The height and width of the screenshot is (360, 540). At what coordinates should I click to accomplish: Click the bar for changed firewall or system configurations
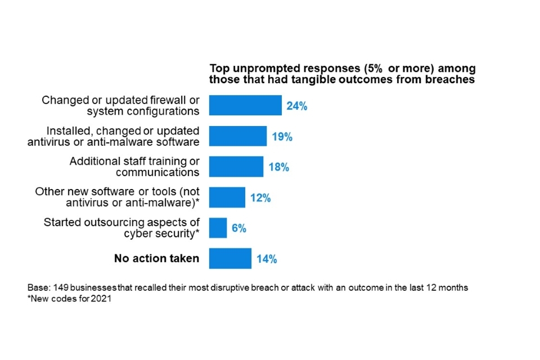coord(245,105)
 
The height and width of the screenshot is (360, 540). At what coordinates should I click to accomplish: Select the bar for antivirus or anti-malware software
coord(238,136)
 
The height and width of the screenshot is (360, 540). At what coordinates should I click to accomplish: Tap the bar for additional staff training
coord(236,166)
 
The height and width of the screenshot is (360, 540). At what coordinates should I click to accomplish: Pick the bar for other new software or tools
coord(227,197)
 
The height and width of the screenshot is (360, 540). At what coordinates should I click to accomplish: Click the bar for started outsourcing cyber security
coord(218,228)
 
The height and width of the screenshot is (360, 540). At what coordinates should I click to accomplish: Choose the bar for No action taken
coord(230,259)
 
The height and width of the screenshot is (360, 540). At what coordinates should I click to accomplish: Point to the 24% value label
coord(296,106)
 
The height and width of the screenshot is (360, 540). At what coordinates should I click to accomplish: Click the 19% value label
coord(282,137)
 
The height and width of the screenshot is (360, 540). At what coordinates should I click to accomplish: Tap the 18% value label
coord(278,167)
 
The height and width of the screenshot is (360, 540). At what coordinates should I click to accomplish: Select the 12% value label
coord(260,198)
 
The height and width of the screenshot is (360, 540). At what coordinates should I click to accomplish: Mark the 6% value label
coord(238,228)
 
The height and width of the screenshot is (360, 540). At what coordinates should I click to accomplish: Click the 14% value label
coord(266,259)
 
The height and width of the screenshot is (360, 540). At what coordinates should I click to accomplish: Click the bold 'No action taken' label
coord(156,259)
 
